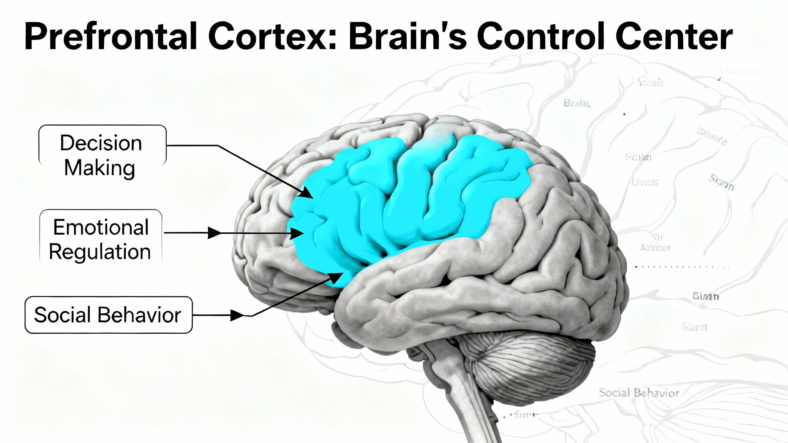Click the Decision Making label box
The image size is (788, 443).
[x=102, y=146]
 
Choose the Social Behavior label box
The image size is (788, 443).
[x=108, y=315]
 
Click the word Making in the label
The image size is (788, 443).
[x=100, y=168]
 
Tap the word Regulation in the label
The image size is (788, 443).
[x=100, y=252]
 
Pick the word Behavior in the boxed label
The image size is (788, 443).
[x=139, y=315]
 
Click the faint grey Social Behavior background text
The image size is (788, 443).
[x=639, y=393]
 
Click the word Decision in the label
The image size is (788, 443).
[x=101, y=143]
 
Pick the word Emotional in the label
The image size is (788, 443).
[x=101, y=227]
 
